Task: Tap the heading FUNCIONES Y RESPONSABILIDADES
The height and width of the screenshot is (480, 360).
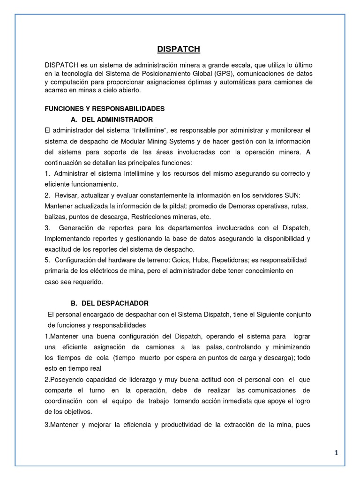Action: click(x=105, y=108)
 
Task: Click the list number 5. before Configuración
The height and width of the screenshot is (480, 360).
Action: click(x=47, y=260)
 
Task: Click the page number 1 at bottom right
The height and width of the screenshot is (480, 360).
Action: click(x=336, y=453)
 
